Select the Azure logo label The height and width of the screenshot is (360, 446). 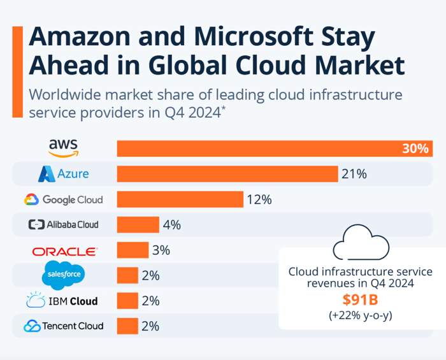63,173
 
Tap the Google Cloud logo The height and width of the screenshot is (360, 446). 63,199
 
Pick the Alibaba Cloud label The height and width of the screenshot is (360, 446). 63,224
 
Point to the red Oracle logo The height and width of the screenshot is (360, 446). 64,250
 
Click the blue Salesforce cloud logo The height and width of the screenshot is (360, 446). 63,275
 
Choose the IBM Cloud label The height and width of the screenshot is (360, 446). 63,301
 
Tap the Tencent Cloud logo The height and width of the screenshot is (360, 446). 63,326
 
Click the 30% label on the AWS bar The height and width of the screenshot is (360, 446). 415,148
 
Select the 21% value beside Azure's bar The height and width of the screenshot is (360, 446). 354,174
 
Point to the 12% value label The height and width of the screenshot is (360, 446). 259,199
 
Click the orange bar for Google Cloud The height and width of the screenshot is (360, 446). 180,199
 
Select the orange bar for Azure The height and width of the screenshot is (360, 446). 227,174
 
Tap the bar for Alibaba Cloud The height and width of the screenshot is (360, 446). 138,224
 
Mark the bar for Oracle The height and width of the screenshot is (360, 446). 133,250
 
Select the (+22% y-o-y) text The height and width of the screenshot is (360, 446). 360,315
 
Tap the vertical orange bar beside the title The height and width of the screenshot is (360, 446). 17,71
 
